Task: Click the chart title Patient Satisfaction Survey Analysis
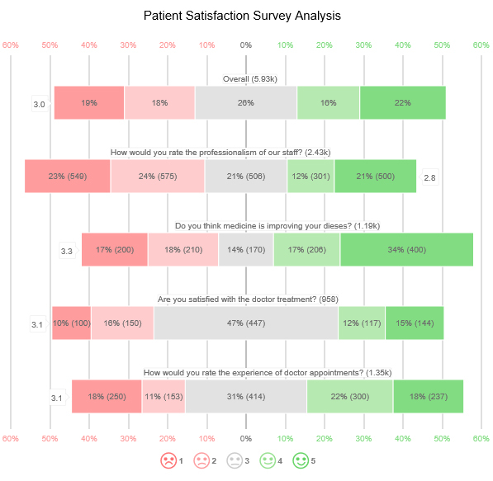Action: pyautogui.click(x=242, y=16)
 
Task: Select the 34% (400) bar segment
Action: pyautogui.click(x=406, y=249)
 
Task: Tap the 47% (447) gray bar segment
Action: pyautogui.click(x=245, y=323)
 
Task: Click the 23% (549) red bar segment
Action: pyautogui.click(x=68, y=176)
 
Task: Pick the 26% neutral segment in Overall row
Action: pyautogui.click(x=245, y=103)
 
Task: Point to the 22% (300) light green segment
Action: pyautogui.click(x=349, y=396)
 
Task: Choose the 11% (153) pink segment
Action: pyautogui.click(x=164, y=396)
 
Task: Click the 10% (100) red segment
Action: pyautogui.click(x=71, y=323)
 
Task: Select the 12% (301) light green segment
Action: pyautogui.click(x=310, y=176)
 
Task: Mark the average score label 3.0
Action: pyautogui.click(x=39, y=105)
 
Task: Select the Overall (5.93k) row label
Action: pyautogui.click(x=250, y=79)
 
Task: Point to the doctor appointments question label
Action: pyautogui.click(x=267, y=373)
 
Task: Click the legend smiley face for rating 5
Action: pyautogui.click(x=301, y=460)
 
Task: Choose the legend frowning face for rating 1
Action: pyautogui.click(x=168, y=460)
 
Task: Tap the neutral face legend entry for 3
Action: pyautogui.click(x=234, y=460)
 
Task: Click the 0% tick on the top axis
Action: pyautogui.click(x=245, y=45)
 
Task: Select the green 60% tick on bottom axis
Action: pyautogui.click(x=481, y=438)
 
